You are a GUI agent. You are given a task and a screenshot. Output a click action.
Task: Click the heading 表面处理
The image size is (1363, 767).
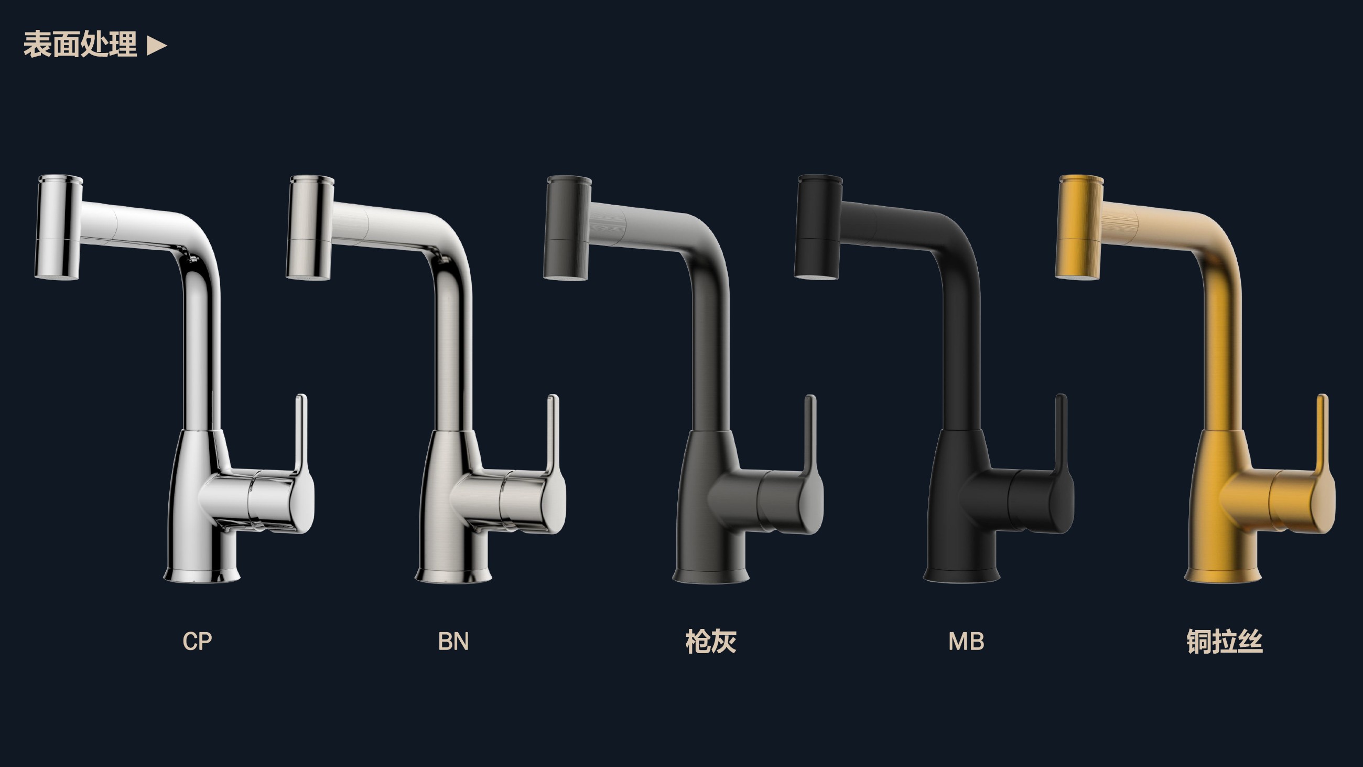tap(80, 45)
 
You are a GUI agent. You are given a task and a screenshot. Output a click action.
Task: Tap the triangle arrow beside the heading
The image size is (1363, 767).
tap(157, 46)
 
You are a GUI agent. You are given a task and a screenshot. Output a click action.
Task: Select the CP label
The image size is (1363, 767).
tap(197, 642)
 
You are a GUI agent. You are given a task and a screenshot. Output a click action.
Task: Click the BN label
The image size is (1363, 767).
tap(453, 642)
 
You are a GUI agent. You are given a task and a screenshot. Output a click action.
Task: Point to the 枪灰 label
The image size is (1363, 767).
tap(711, 642)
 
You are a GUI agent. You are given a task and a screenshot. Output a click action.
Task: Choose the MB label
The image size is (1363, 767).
tap(966, 642)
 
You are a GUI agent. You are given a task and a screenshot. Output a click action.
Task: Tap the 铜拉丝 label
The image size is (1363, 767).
tap(1225, 642)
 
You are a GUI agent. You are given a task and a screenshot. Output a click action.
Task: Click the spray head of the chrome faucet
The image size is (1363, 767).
tap(59, 227)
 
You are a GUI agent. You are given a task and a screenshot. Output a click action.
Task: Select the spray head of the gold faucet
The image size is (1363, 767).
tap(1079, 227)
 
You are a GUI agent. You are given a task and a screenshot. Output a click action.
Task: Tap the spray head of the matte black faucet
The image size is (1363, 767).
tap(818, 227)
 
